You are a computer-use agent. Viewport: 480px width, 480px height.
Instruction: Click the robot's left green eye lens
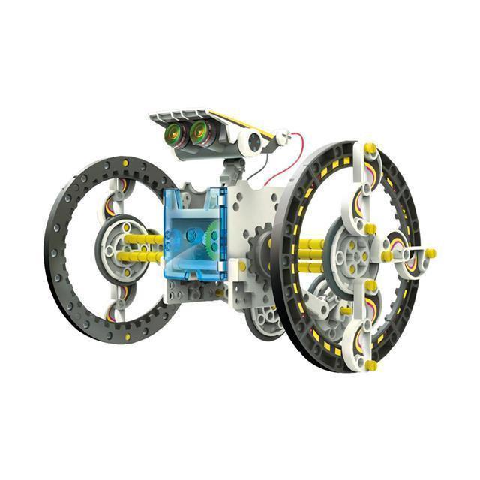175,134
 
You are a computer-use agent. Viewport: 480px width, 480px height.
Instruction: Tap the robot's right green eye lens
200,133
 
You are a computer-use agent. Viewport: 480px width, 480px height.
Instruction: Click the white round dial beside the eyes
253,139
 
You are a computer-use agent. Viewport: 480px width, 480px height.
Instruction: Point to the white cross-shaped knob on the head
283,137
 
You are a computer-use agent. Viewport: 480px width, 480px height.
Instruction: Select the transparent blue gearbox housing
194,232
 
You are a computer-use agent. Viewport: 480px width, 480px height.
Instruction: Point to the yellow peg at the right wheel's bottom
370,364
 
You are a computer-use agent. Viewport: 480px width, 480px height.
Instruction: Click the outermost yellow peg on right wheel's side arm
431,253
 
